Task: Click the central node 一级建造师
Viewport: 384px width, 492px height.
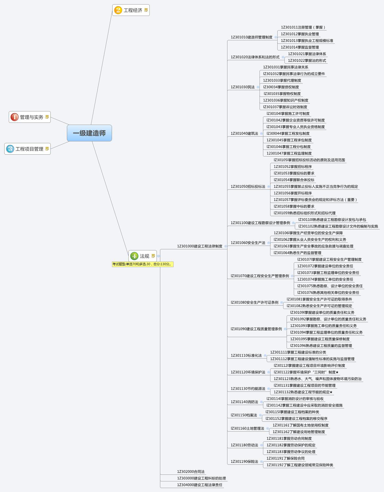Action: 89,133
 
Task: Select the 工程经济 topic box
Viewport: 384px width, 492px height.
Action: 131,10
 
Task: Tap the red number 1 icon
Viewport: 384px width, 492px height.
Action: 14,117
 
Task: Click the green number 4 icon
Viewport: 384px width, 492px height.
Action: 134,256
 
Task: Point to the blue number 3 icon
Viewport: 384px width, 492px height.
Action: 10,149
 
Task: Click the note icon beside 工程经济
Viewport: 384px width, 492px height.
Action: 146,10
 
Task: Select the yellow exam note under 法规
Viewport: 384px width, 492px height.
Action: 143,264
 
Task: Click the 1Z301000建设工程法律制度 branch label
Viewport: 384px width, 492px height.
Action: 200,246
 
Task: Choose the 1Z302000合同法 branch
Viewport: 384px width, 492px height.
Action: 191,472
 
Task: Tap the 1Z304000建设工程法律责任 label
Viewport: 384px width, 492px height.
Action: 200,485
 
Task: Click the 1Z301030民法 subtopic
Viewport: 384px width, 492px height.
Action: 243,87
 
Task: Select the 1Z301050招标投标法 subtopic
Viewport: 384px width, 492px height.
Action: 248,186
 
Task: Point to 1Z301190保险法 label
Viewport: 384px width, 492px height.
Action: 244,461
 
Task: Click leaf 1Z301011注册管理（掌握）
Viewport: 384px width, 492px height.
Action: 303,27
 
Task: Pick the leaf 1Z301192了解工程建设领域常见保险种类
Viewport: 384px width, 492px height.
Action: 300,465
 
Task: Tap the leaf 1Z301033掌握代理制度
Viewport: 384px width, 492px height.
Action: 282,80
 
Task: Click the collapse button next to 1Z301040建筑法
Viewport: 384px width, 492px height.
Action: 261,133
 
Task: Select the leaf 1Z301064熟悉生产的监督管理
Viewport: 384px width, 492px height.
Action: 297,253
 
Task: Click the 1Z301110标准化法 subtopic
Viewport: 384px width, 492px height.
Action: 246,355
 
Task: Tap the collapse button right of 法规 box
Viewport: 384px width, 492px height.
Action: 158,256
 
